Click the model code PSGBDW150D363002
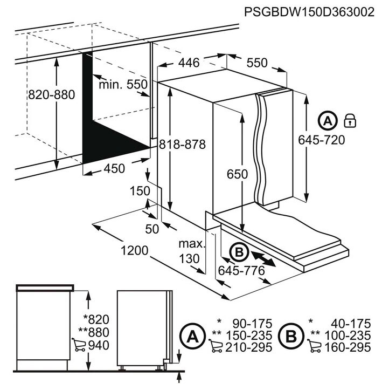(x=309, y=11)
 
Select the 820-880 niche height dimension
(x=51, y=95)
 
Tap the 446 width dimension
(x=189, y=63)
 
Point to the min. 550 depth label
(x=123, y=85)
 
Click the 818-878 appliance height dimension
(x=182, y=144)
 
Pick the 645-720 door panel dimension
(x=322, y=140)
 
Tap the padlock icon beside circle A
(x=350, y=121)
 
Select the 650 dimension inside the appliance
(x=237, y=174)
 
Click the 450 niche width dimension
(x=114, y=169)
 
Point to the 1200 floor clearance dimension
(x=134, y=250)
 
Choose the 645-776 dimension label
(x=241, y=270)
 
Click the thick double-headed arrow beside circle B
(x=263, y=259)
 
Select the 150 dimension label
(x=140, y=191)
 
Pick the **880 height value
(x=94, y=332)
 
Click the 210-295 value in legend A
(x=249, y=347)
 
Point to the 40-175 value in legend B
(x=351, y=324)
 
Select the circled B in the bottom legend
(x=291, y=336)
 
